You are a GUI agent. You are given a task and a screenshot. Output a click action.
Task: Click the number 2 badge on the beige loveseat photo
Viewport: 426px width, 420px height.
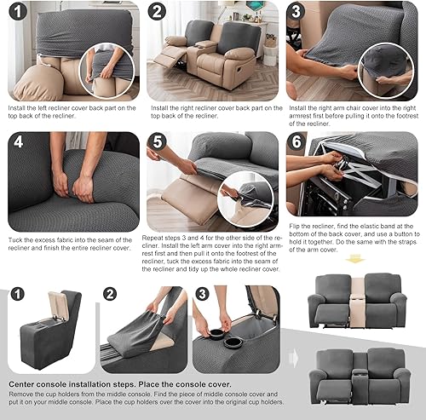pyautogui.click(x=157, y=12)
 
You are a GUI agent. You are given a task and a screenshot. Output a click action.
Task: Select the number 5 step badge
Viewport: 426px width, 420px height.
pyautogui.click(x=158, y=143)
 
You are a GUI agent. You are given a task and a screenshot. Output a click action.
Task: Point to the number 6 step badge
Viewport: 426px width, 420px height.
pyautogui.click(x=297, y=143)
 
